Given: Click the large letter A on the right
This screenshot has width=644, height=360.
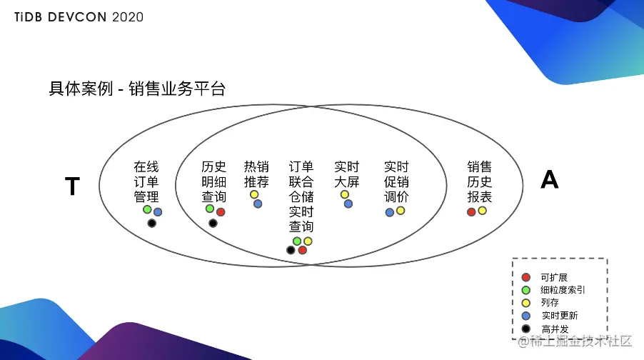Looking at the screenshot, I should pyautogui.click(x=549, y=180).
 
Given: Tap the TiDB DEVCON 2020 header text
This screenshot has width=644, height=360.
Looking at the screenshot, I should pyautogui.click(x=79, y=16).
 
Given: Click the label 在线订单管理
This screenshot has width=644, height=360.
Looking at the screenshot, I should pyautogui.click(x=146, y=182).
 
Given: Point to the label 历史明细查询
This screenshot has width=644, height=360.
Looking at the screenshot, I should pyautogui.click(x=213, y=182).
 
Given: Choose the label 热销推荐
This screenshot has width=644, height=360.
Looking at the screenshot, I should pyautogui.click(x=256, y=174).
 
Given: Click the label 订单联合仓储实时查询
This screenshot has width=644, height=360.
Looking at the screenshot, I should pyautogui.click(x=301, y=196).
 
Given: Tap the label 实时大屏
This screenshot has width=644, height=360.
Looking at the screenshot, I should pyautogui.click(x=347, y=174).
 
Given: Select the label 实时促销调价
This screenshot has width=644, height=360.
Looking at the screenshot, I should pyautogui.click(x=396, y=182).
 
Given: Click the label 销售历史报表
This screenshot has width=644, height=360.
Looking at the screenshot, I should pyautogui.click(x=480, y=182).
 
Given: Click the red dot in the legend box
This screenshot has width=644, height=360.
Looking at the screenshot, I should pyautogui.click(x=526, y=277).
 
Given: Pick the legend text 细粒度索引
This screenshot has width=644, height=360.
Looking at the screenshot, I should pyautogui.click(x=563, y=290).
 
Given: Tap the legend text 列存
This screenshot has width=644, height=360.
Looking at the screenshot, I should pyautogui.click(x=550, y=303).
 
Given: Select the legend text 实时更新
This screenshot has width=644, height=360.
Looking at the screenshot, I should pyautogui.click(x=559, y=316).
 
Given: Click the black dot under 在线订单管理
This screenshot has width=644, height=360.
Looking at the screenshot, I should pyautogui.click(x=151, y=224).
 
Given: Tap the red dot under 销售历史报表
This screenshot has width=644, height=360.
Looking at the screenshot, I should pyautogui.click(x=471, y=212).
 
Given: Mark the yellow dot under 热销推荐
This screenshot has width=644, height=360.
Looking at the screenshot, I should pyautogui.click(x=254, y=194).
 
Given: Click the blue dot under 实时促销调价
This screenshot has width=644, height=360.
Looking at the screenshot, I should pyautogui.click(x=389, y=213).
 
